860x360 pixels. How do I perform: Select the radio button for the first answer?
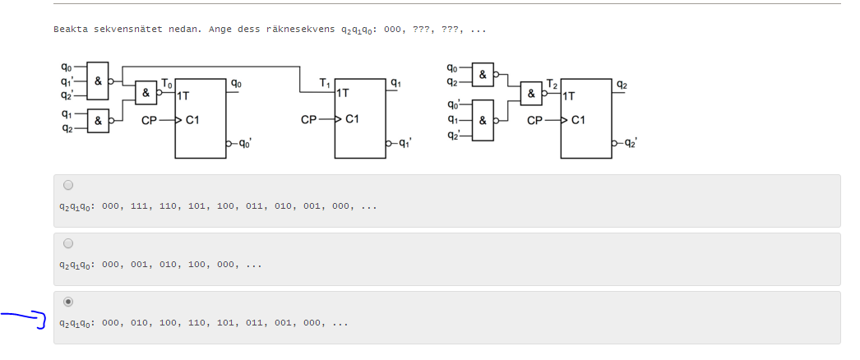coord(67,185)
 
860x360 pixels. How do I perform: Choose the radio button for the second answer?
coord(67,243)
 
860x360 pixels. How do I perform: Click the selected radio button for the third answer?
coord(67,302)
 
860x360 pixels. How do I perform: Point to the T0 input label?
coord(167,83)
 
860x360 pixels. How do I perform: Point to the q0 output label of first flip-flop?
coord(236,82)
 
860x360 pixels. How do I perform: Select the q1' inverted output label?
coord(404,143)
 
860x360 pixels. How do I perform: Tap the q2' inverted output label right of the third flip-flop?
coord(630,143)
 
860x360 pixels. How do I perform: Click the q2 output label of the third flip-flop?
coord(622,84)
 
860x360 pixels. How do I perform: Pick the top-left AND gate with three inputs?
coord(98,81)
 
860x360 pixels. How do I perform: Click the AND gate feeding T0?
coord(146,92)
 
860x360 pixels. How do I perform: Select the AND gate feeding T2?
coord(531,93)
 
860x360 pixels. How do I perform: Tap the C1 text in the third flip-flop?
coord(578,120)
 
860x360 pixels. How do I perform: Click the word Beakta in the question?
coord(70,30)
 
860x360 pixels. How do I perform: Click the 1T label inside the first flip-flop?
coord(183,95)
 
